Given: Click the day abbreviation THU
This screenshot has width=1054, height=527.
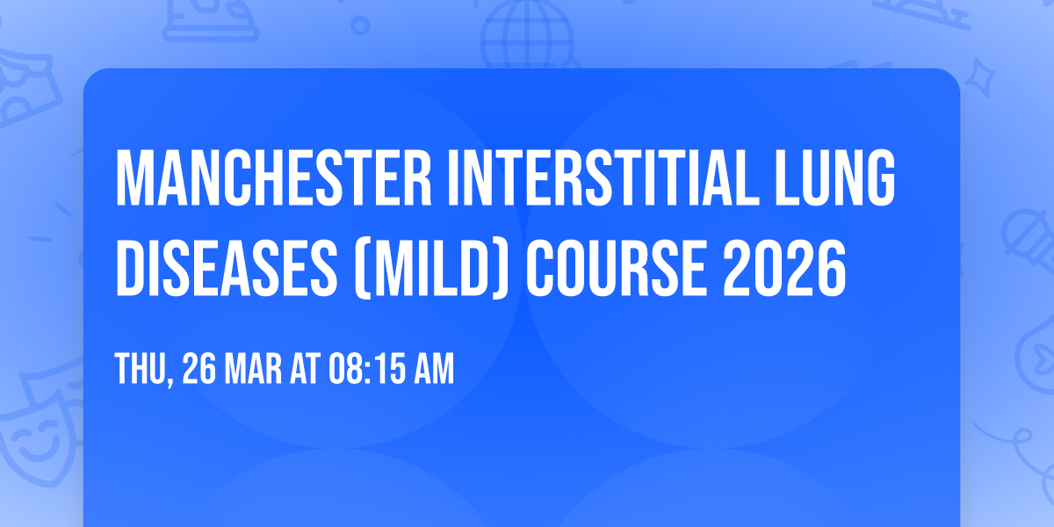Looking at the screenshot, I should (141, 369).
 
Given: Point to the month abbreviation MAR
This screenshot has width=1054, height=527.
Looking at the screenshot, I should (256, 369).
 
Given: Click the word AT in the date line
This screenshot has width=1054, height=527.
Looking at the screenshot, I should (305, 369).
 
